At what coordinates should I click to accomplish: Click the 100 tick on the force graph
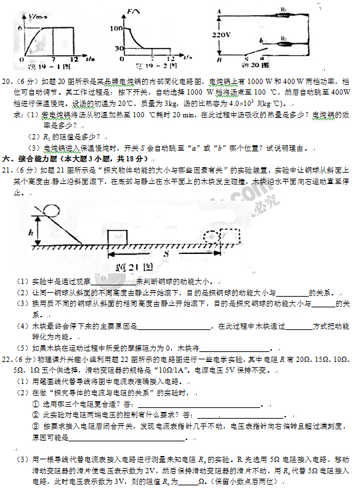(x=118, y=29)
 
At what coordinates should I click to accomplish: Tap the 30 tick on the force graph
(x=119, y=49)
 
